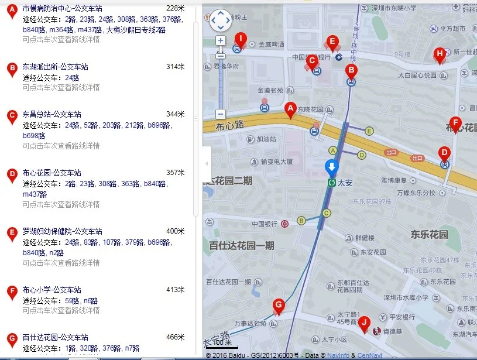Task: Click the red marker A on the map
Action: pyautogui.click(x=289, y=109)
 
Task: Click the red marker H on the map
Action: pyautogui.click(x=440, y=55)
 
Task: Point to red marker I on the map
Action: pyautogui.click(x=239, y=39)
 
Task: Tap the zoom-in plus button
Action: pyautogui.click(x=221, y=41)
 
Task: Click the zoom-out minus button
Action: pyautogui.click(x=221, y=114)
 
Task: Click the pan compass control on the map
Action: pyautogui.click(x=221, y=20)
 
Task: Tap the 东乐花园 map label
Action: pyautogui.click(x=429, y=235)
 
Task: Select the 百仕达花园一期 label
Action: pyautogui.click(x=242, y=246)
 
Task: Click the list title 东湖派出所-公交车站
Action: pyautogui.click(x=52, y=67)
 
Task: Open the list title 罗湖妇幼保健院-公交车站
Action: pyautogui.click(x=62, y=231)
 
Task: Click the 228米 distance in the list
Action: pyautogui.click(x=175, y=8)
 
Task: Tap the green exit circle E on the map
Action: pyautogui.click(x=369, y=131)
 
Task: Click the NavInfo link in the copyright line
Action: pyautogui.click(x=338, y=355)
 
